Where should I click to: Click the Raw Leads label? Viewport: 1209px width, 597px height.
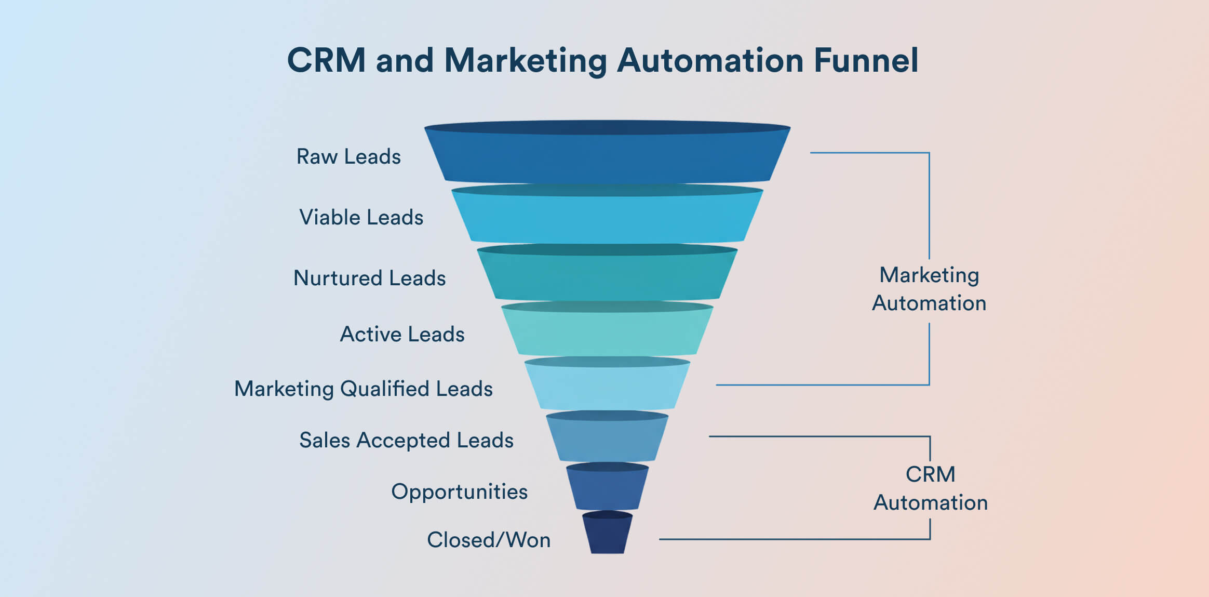(x=348, y=156)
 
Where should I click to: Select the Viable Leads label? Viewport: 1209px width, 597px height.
(x=361, y=217)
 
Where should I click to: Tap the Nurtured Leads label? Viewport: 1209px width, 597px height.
(x=369, y=278)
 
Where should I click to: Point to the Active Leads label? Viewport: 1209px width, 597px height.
(x=402, y=334)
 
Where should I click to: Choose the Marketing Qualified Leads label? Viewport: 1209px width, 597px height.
(x=363, y=389)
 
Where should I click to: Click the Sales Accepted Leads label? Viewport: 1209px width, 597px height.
(x=406, y=440)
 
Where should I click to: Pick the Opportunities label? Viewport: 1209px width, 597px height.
(x=459, y=492)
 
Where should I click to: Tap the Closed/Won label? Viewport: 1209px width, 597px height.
(x=488, y=540)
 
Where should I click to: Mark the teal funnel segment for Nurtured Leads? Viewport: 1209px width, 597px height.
(x=607, y=277)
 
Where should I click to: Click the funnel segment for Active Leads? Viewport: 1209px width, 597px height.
(x=607, y=333)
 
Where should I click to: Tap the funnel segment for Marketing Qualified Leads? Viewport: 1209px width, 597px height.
(x=607, y=388)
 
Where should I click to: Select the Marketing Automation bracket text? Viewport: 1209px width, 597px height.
(x=929, y=289)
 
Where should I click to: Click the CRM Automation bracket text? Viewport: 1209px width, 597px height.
(x=930, y=488)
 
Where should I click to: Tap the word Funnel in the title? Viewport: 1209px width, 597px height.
(x=866, y=60)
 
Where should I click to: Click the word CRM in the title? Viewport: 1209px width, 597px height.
(x=326, y=60)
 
